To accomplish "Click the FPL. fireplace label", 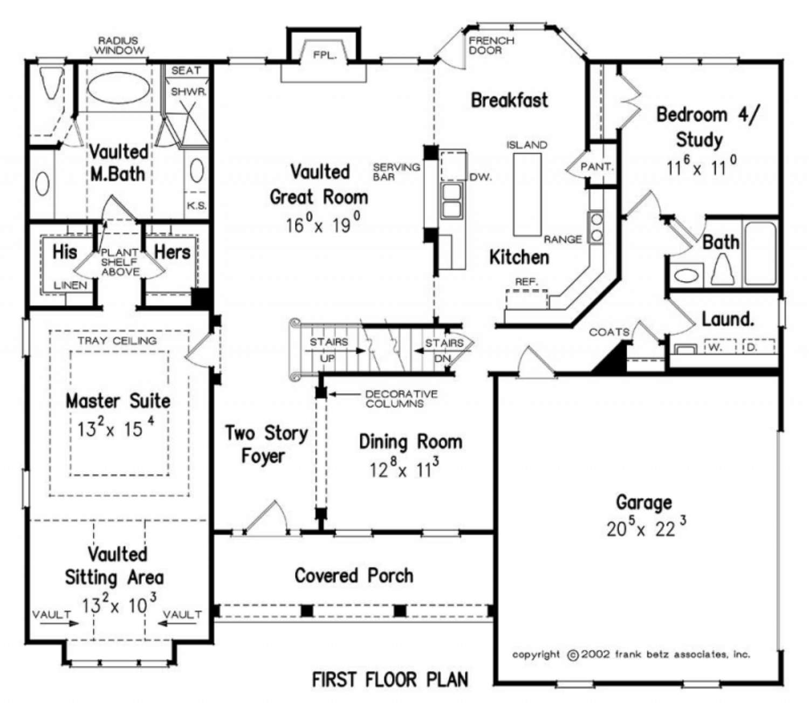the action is point(325,56).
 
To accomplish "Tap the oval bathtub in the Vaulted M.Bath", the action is point(119,88).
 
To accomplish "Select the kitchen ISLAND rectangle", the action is point(527,195).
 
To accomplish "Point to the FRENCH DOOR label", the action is point(491,45).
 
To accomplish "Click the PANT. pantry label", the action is point(597,167).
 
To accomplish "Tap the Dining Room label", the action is point(410,442).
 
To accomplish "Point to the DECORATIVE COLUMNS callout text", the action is point(401,399).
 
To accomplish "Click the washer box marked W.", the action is point(721,347).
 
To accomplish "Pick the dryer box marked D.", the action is point(759,347).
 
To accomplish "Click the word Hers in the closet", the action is point(173,252).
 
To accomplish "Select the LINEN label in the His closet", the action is point(70,285).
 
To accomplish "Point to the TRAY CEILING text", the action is point(117,340).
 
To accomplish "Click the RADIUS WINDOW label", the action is point(119,45).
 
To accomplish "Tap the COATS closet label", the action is point(609,332).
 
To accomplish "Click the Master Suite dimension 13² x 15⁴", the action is point(116,429).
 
